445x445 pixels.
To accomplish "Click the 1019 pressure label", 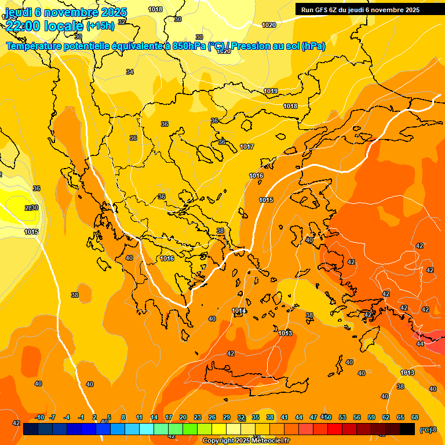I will pos(271,91).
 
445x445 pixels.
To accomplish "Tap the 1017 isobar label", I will pos(247,147).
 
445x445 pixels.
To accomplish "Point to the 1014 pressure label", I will pos(239,311).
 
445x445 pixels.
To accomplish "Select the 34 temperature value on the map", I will pos(130,72).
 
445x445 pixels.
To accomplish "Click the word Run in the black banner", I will pos(307,10).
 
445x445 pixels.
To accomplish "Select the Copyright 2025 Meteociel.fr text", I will pos(245,441).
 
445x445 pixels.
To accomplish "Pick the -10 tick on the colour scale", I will pos(39,417).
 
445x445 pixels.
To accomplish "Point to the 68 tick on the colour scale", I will pos(415,417).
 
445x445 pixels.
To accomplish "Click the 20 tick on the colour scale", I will pos(183,417).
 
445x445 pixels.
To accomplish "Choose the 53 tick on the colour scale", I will pos(342,417).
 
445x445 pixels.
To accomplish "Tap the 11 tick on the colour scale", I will pos(139,417).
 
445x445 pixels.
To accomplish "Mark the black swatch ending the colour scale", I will pos(407,429).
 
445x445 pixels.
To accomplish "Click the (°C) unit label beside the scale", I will pos(426,429).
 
